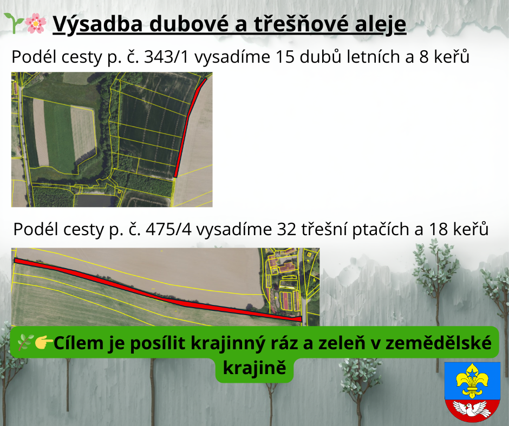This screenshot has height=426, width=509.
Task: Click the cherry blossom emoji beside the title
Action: (x=36, y=23)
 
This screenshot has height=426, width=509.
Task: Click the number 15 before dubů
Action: (x=285, y=57)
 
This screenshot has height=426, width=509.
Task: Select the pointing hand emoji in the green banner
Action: (x=43, y=343)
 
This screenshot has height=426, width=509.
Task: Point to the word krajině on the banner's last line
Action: (x=255, y=369)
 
